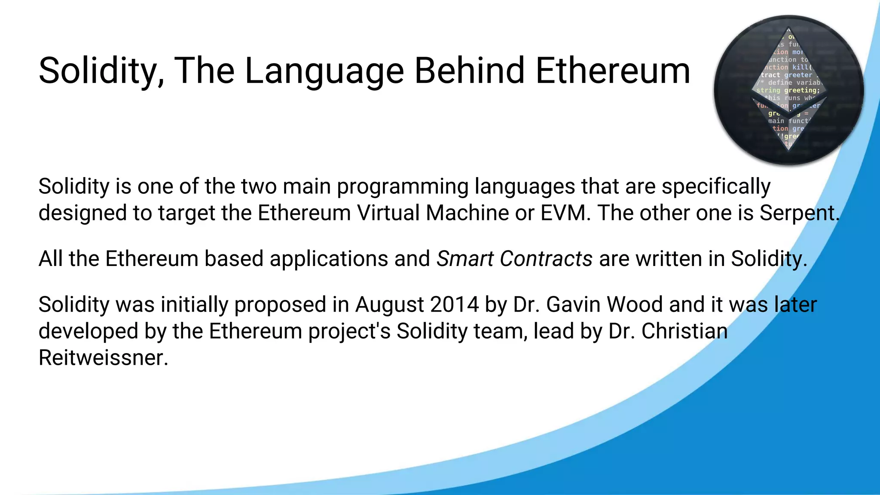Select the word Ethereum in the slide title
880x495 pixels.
(613, 71)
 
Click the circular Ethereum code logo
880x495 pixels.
(789, 90)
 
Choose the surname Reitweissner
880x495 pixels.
(103, 358)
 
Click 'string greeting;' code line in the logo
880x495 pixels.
(788, 90)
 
